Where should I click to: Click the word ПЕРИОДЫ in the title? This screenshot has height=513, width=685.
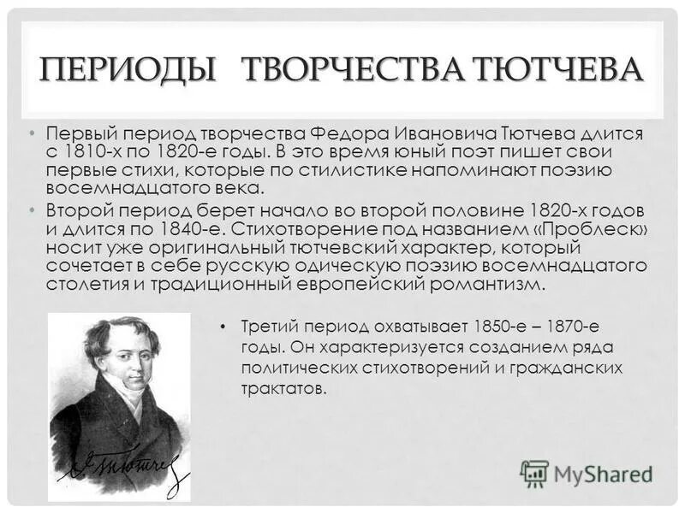click(x=128, y=68)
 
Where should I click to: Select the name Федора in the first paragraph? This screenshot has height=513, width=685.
click(x=342, y=134)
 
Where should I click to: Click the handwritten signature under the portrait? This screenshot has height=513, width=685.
click(x=120, y=468)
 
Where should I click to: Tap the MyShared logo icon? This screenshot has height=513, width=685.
click(x=534, y=473)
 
